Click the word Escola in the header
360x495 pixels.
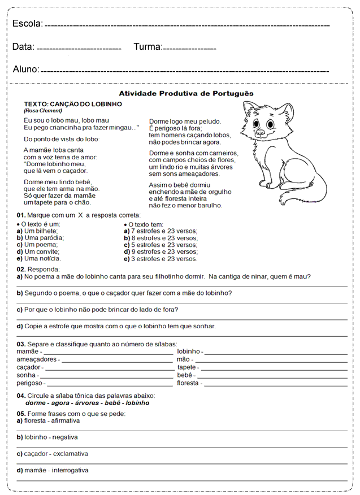27,24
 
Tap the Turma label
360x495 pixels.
148,47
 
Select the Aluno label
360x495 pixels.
25,70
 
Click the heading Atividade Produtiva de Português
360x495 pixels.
186,93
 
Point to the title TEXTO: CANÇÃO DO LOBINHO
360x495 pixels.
73,105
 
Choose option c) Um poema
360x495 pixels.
37,245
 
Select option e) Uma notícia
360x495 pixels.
39,258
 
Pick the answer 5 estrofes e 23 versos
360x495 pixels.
161,245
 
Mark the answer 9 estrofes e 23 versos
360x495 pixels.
161,252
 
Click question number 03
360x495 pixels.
20,344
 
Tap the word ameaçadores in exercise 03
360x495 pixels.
37,359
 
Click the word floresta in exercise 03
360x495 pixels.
188,383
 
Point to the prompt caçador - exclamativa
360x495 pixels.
53,454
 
